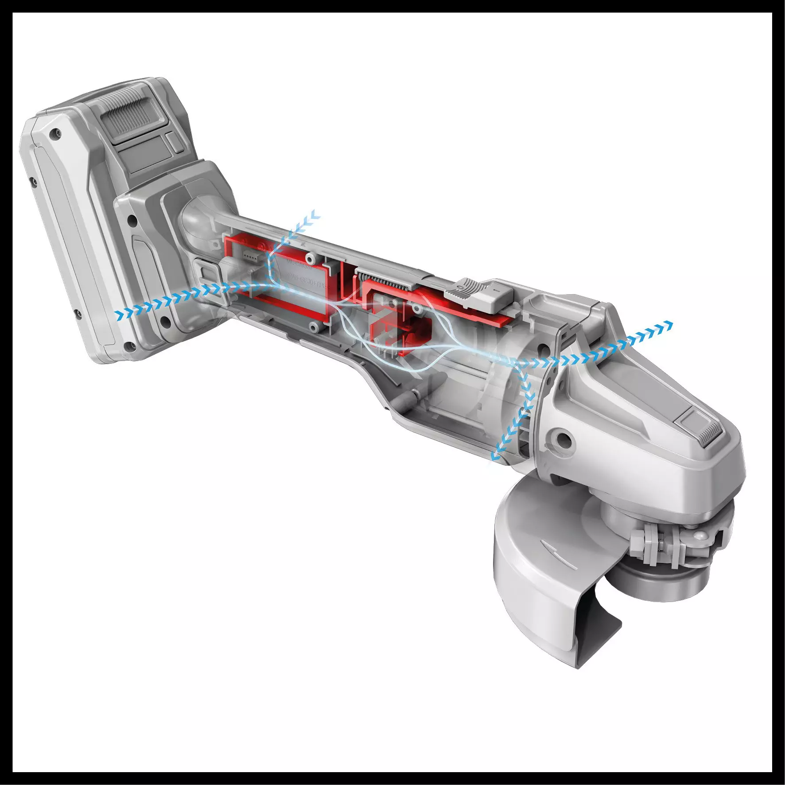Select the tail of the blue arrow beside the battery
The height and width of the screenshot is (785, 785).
click(x=118, y=315)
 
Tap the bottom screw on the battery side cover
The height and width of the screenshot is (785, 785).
click(x=129, y=346)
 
